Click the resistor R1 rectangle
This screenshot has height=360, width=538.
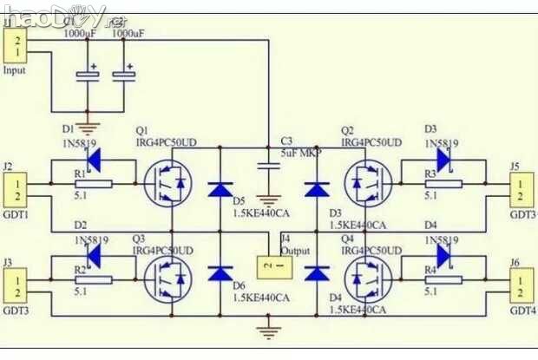(x=91, y=184)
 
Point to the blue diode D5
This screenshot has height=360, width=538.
(x=220, y=187)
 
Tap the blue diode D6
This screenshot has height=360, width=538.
(x=220, y=274)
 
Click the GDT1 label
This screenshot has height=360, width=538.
(x=16, y=213)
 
